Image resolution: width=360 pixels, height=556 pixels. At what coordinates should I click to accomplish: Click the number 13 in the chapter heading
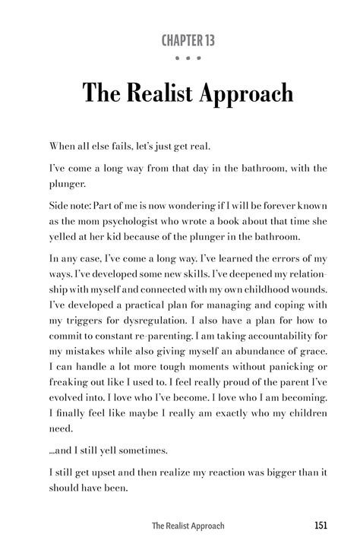207,40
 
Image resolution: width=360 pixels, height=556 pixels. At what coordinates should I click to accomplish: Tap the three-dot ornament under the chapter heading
179,58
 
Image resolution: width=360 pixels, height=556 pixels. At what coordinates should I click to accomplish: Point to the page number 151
320,526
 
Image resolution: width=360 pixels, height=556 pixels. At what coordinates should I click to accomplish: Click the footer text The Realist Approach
187,526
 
